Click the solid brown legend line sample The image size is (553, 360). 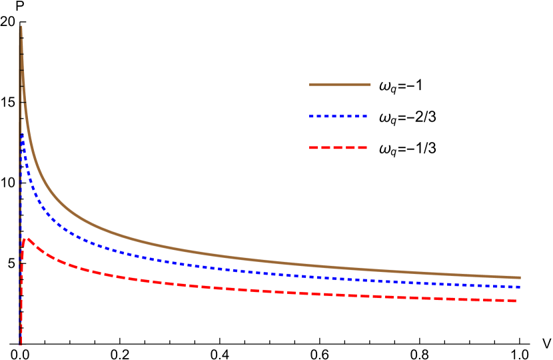tap(340, 85)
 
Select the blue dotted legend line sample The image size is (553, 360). tap(338, 117)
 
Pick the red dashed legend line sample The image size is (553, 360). tap(338, 147)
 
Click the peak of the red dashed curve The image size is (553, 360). tap(27, 239)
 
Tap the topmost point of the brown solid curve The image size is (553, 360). tap(21, 27)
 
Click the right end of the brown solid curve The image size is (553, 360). tap(520, 277)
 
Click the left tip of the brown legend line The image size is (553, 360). tap(310, 85)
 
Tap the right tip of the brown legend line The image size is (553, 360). tap(370, 85)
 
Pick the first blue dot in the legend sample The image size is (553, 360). tap(311, 117)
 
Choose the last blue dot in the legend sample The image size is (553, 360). tap(365, 117)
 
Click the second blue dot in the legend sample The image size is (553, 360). tap(319, 117)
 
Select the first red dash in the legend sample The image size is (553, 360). tap(313, 147)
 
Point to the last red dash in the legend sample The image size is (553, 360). tap(362, 147)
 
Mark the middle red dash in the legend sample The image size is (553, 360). tap(338, 147)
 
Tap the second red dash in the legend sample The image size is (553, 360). tap(325, 147)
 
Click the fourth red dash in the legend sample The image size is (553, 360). tap(350, 147)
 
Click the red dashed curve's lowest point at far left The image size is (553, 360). tap(21, 343)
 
